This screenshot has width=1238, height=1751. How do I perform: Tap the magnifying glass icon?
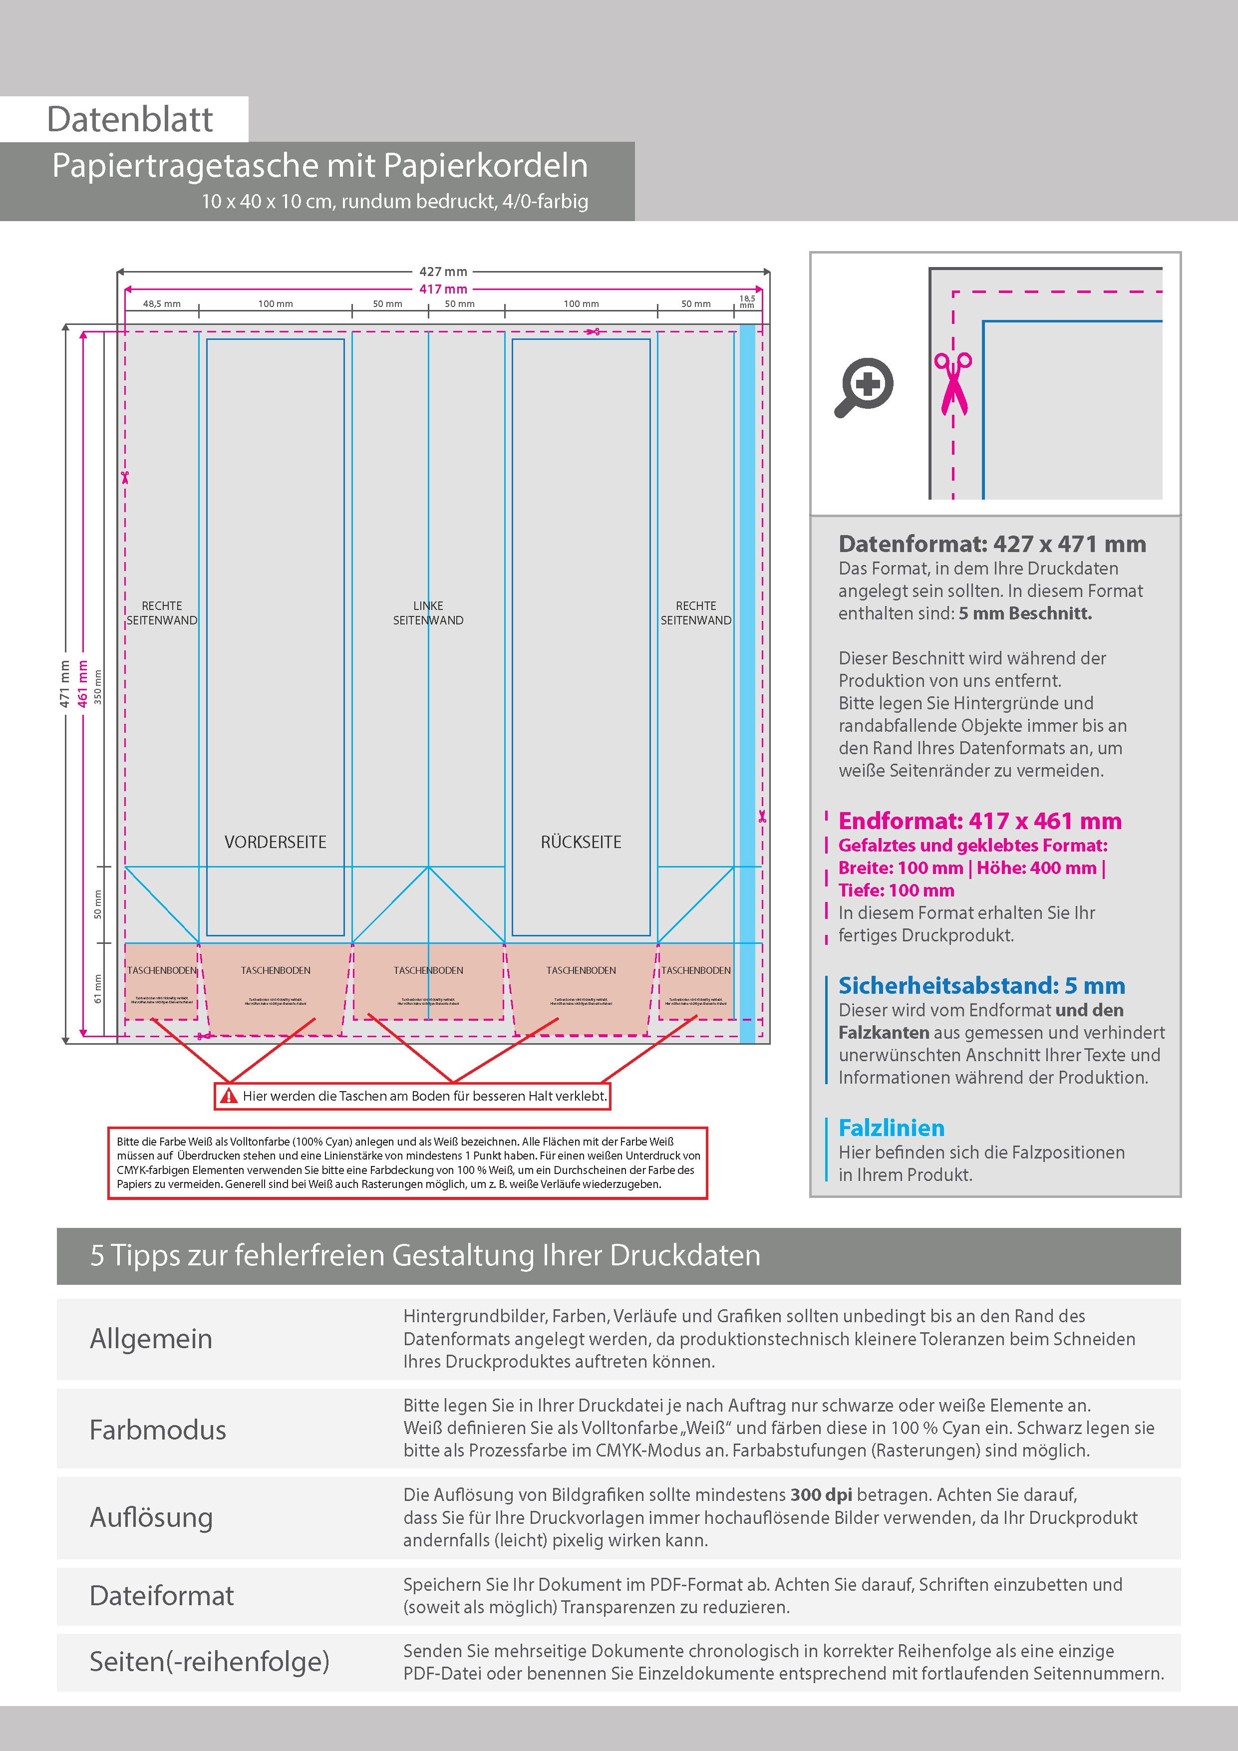tap(864, 386)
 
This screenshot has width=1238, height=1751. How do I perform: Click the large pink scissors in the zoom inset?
tap(953, 383)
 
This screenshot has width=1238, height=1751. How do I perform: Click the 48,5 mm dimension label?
tap(162, 303)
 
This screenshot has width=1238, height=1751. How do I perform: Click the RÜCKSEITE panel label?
tap(581, 842)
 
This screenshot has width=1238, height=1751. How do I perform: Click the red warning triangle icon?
tap(228, 1096)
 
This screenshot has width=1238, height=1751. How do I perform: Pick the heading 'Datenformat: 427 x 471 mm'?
tap(991, 544)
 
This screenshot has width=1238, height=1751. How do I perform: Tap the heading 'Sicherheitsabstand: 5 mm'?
tap(981, 985)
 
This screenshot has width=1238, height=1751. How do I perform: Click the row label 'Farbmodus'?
tap(158, 1430)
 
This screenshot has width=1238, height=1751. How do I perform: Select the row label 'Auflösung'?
tap(151, 1517)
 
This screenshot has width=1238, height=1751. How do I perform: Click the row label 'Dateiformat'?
tap(162, 1595)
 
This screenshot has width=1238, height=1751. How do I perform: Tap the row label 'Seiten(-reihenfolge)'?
tap(209, 1662)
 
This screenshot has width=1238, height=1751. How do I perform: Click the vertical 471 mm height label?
tap(65, 684)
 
